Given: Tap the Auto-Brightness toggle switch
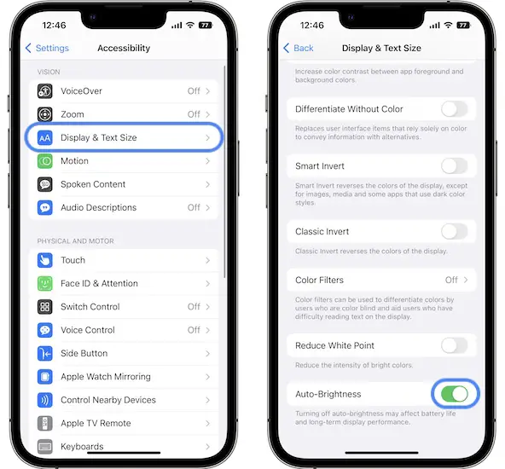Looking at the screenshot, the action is pos(455,394).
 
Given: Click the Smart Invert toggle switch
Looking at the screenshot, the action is pos(455,166).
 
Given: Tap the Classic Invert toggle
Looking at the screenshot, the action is pos(455,231).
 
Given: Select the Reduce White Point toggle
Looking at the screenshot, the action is pos(455,345).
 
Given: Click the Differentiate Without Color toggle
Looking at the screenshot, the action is pos(455,109).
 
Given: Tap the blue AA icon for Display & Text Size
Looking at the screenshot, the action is pos(44,138).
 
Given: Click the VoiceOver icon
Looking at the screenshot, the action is pos(44,91).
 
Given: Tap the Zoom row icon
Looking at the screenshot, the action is pos(44,114).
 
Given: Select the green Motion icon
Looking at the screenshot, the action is pos(44,161).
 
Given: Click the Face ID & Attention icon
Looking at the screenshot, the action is pos(44,284).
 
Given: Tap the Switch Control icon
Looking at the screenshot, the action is pos(44,307).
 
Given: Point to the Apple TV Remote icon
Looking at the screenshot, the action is pos(44,423).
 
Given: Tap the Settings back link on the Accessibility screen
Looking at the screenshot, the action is pos(47,48).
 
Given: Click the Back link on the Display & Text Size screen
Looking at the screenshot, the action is pos(299,48).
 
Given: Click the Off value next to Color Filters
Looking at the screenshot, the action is pos(451,280).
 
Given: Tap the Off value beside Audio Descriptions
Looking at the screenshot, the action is pos(194,207).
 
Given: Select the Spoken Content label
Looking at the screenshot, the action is pos(93,184).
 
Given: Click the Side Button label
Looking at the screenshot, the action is pos(84,353).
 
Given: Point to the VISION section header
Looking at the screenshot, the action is pos(49,72).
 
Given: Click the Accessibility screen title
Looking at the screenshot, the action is pos(124,48).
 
